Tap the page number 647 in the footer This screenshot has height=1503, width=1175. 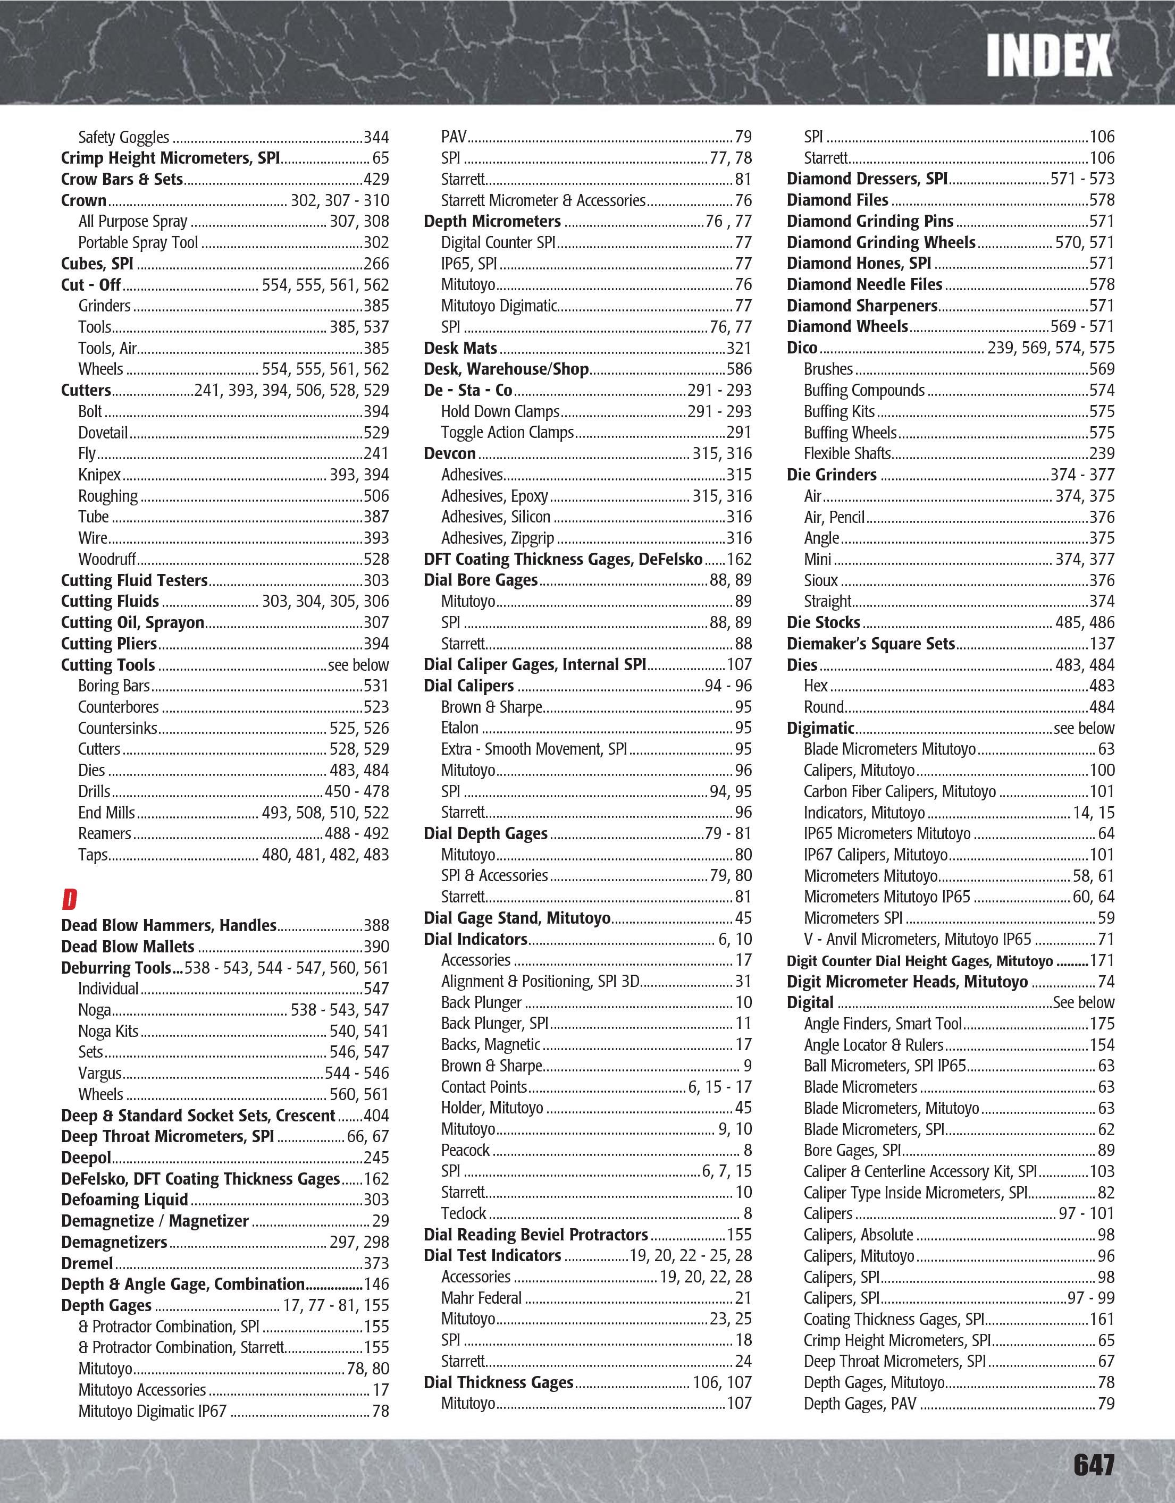coord(1093,1464)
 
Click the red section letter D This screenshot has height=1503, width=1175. coord(70,899)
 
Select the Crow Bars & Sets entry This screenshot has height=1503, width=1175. coord(122,180)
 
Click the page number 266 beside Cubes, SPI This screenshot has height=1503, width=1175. coord(376,264)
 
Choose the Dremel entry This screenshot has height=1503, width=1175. coord(87,1263)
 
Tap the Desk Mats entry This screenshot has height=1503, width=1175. coord(460,348)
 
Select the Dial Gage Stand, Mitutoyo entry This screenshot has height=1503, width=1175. coord(517,918)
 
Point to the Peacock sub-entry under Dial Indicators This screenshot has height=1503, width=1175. coord(465,1150)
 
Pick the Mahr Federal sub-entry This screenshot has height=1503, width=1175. coord(481,1298)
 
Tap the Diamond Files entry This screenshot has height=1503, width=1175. coord(837,200)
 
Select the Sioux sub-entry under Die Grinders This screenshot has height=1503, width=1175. coord(820,581)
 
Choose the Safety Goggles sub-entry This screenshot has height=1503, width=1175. coord(123,138)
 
